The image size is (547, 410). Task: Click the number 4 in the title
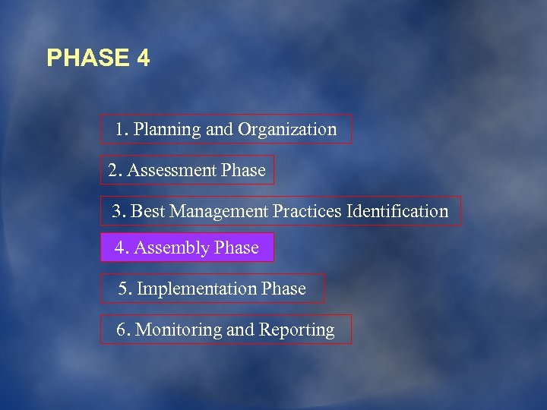click(144, 58)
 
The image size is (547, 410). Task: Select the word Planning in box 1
click(169, 130)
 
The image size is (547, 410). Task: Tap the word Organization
click(287, 130)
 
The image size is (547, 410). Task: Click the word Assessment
click(172, 171)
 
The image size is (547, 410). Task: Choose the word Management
click(219, 211)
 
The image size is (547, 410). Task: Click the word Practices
click(308, 211)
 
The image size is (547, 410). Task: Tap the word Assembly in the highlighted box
click(172, 248)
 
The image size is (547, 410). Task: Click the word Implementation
click(197, 289)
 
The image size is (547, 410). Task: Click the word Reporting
click(297, 330)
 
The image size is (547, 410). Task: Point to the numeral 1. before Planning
click(122, 130)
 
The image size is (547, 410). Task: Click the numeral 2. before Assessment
click(115, 171)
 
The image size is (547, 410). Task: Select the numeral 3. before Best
click(119, 211)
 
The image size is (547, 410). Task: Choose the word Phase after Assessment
click(243, 171)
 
